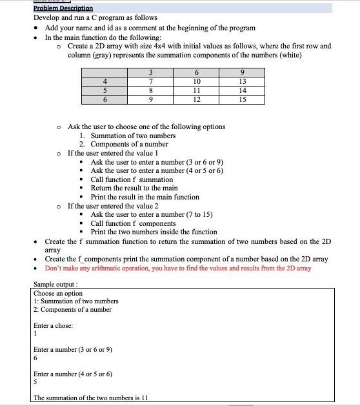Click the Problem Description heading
pos(63,8)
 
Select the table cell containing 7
pos(150,81)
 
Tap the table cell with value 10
pos(197,81)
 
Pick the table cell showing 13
pos(243,81)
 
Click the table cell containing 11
pos(197,90)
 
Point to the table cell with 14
pos(243,90)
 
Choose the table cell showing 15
pos(243,99)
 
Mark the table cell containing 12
pos(197,99)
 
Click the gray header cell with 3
pos(150,72)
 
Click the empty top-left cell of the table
pos(105,72)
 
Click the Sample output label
pos(55,284)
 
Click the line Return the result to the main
pos(134,188)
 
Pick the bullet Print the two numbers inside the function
pos(154,232)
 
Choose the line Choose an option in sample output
pos(58,293)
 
